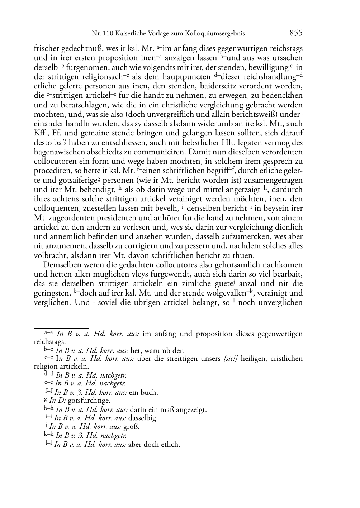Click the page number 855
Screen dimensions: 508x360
coord(296,33)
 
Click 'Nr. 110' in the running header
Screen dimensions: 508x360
coord(101,34)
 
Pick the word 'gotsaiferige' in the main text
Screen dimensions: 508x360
coord(79,180)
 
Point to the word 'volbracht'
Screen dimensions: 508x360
coord(49,255)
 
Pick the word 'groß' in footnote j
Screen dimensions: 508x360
coord(132,427)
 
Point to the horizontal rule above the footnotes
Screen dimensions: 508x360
coord(61,328)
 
